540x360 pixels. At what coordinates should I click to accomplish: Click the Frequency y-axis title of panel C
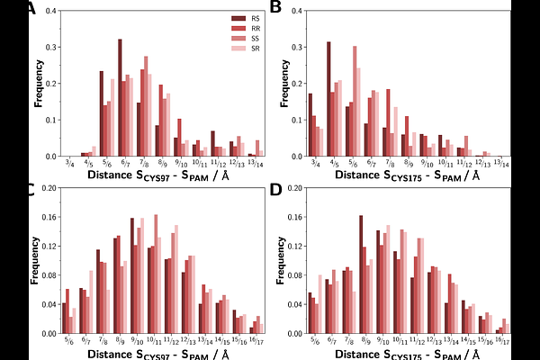point(35,263)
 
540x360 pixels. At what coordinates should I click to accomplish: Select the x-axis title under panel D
point(409,353)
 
